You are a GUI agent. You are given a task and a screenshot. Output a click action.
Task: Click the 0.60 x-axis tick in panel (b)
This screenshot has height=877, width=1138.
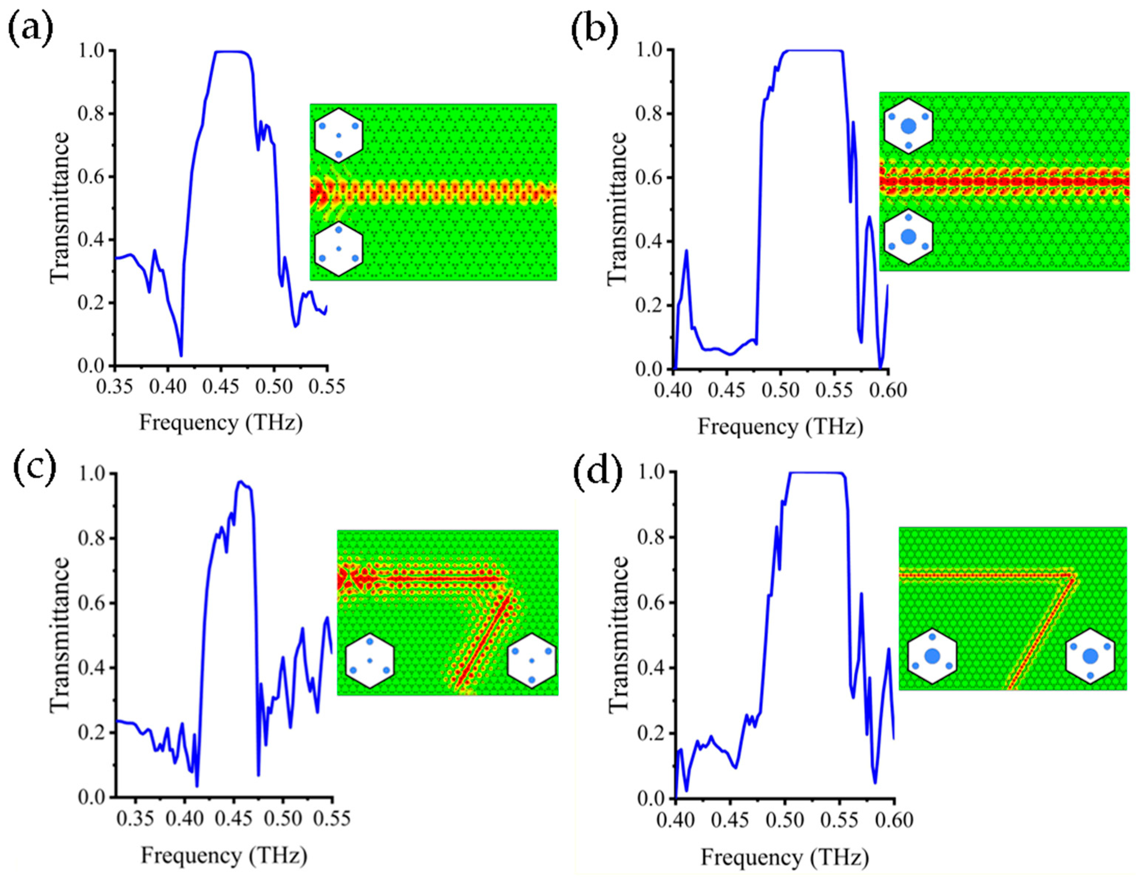888,390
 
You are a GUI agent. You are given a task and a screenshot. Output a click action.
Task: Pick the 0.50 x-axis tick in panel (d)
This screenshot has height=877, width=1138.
785,820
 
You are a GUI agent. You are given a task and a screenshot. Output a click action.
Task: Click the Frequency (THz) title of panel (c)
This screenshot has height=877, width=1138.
224,856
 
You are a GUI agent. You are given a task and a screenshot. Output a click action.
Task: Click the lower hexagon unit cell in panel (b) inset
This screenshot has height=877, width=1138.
908,237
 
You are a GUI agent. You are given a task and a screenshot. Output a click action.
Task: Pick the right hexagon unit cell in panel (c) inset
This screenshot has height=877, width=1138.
531,661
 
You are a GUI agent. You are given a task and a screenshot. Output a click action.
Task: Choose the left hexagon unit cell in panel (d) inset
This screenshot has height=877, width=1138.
932,656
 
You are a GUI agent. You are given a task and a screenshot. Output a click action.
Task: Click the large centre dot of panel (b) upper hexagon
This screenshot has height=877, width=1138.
908,126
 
